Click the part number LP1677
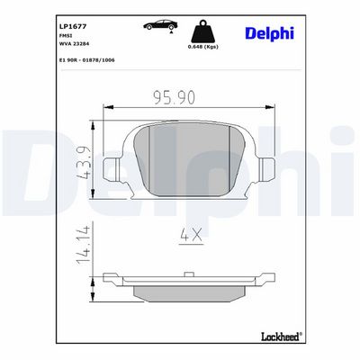(73, 26)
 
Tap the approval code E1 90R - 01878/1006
(87, 60)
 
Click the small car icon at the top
(160, 25)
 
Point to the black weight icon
(203, 31)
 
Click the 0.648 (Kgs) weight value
(203, 47)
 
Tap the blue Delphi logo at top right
(269, 33)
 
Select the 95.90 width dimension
(175, 97)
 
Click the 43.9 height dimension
(83, 163)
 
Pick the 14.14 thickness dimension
(83, 245)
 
